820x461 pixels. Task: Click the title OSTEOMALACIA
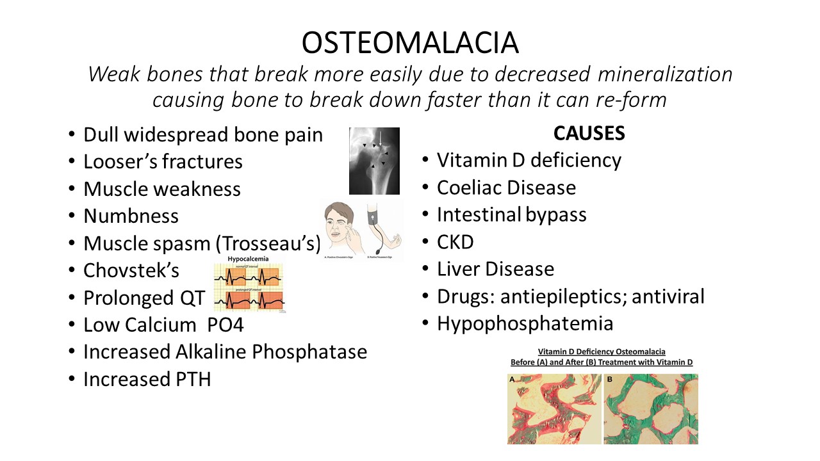pos(410,43)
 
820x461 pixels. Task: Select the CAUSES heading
pos(589,133)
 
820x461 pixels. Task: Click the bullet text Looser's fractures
pos(163,162)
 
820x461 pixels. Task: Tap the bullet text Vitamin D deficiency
pos(529,160)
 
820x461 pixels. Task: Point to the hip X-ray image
pos(374,161)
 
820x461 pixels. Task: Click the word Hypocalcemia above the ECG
pos(249,259)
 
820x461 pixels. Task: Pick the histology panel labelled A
pos(554,409)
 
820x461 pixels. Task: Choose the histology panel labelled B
pos(651,409)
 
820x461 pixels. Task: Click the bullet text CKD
pos(455,242)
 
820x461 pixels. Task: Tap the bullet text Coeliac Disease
pos(506,188)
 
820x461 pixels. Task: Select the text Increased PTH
pos(147,379)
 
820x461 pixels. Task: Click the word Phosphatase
pos(304,352)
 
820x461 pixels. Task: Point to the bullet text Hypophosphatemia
pos(525,323)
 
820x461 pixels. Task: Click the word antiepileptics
pos(557,296)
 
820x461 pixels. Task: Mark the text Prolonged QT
pos(144,298)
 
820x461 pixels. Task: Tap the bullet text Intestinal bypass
pos(511,214)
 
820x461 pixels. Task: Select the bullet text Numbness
pos(131,216)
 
